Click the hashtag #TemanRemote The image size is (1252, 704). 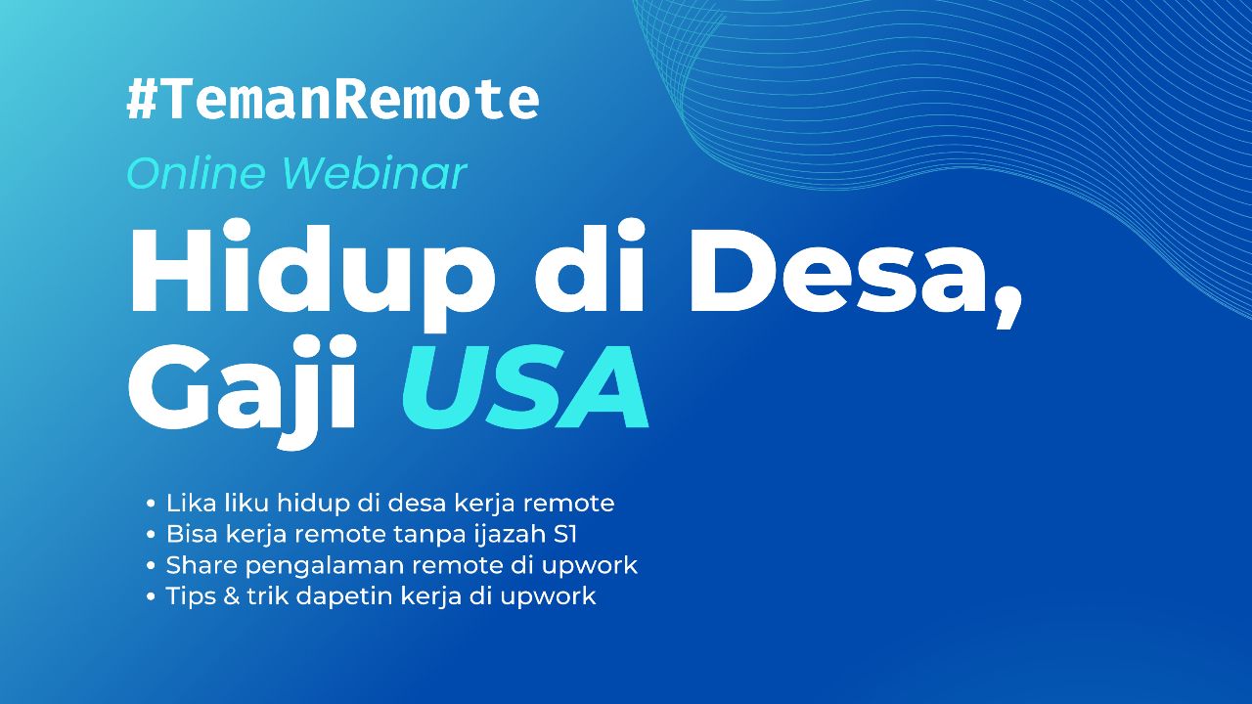pos(333,100)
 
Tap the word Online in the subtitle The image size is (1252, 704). pos(196,174)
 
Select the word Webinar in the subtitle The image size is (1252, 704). pos(374,174)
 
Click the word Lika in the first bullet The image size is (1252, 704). pos(189,504)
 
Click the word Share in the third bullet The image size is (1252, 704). pos(200,565)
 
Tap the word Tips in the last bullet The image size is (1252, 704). pos(190,596)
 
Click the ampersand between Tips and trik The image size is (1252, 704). pos(231,596)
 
